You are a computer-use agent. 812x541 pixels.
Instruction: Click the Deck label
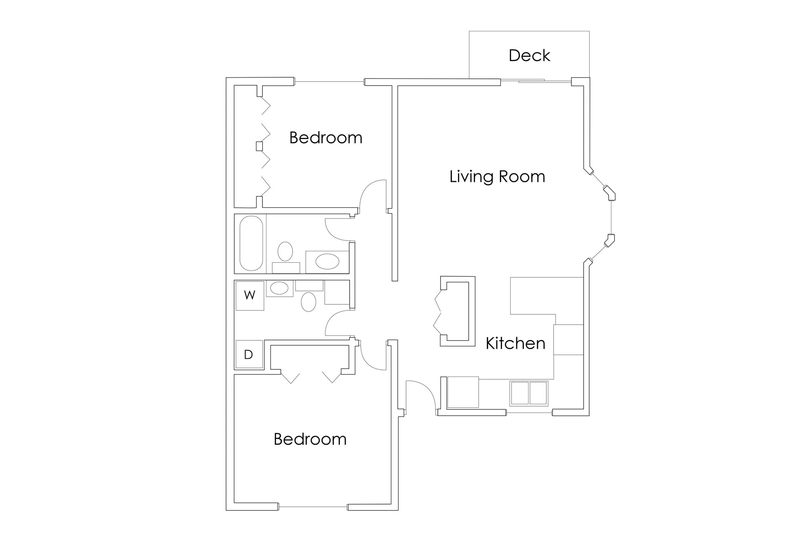click(529, 56)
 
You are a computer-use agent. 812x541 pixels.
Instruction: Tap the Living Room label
click(497, 177)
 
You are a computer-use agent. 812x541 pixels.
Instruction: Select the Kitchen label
click(515, 344)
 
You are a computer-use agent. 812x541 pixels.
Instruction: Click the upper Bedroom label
click(326, 138)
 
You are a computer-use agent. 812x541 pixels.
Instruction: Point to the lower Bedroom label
click(310, 440)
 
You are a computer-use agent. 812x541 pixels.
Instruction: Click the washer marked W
click(250, 296)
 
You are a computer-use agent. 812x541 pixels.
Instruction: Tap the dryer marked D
click(249, 354)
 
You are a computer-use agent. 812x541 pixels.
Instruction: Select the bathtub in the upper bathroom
click(251, 243)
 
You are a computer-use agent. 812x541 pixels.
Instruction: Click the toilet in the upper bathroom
click(285, 251)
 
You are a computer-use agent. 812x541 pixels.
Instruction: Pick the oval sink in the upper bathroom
click(327, 262)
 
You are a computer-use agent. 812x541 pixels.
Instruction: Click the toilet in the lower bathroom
click(308, 302)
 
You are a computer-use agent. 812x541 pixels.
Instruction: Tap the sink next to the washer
click(280, 288)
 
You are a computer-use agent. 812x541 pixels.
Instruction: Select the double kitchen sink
click(529, 393)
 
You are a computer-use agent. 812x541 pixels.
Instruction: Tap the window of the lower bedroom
click(313, 507)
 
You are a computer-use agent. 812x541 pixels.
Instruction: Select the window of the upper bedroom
click(329, 82)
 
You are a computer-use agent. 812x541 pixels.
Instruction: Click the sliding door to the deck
click(535, 81)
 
